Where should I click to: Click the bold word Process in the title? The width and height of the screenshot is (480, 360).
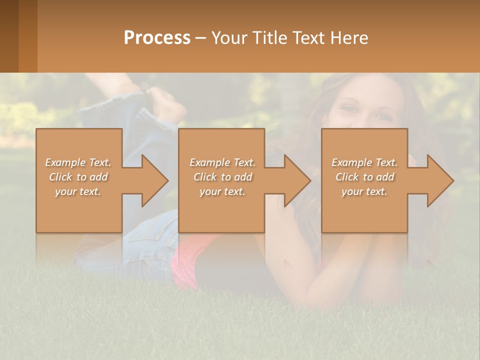click(157, 38)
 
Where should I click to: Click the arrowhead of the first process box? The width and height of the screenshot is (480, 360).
click(154, 180)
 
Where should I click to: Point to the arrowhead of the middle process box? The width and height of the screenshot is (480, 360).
click(297, 180)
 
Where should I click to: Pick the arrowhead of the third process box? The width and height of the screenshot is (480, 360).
click(440, 180)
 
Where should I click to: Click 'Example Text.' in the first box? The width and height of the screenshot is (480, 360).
click(78, 162)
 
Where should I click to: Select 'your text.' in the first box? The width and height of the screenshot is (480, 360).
click(78, 191)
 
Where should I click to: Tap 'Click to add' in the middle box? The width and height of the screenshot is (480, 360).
click(222, 177)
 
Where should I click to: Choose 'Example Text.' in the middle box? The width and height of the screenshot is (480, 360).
click(222, 162)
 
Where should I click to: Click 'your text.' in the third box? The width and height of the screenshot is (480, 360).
click(364, 191)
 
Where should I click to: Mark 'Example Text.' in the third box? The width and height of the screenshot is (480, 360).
click(364, 162)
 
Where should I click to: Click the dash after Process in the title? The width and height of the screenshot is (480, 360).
click(200, 38)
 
